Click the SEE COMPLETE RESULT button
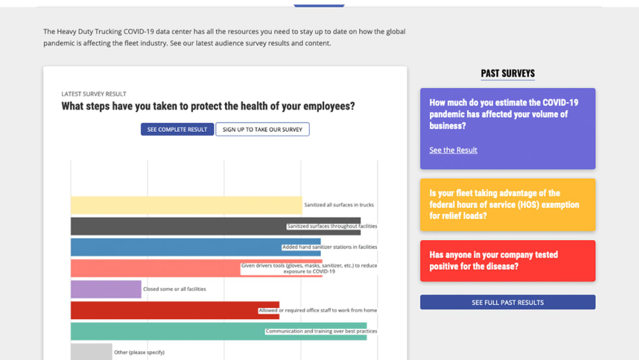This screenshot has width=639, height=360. point(177,129)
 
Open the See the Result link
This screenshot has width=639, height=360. point(453,150)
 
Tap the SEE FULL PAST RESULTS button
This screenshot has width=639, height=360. point(507,303)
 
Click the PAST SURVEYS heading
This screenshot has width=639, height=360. point(507,74)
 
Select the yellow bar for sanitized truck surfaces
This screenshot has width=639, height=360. point(186,205)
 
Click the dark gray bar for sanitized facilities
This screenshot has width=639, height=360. point(176,226)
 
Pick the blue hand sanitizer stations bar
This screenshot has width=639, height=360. point(176,247)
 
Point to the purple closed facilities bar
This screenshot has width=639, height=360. point(106,289)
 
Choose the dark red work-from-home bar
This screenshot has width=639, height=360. point(163,310)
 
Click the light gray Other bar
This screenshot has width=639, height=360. point(91,352)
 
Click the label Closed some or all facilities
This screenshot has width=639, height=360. point(175,289)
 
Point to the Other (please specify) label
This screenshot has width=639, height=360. point(139,352)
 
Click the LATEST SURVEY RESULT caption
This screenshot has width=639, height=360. point(94,94)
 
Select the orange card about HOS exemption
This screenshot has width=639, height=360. point(507,205)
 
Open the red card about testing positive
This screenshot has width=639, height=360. point(507,261)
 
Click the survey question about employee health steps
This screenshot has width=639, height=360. point(208,106)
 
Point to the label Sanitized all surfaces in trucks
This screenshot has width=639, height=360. point(339,205)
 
